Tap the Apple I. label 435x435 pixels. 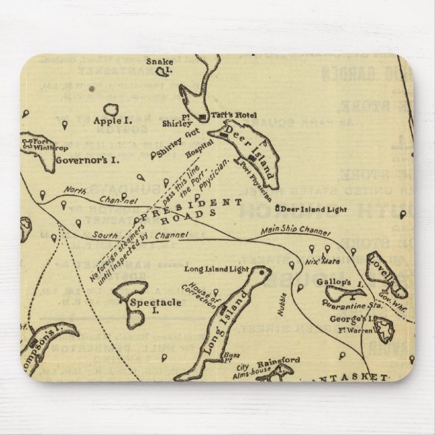111,123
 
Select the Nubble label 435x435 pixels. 282,305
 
